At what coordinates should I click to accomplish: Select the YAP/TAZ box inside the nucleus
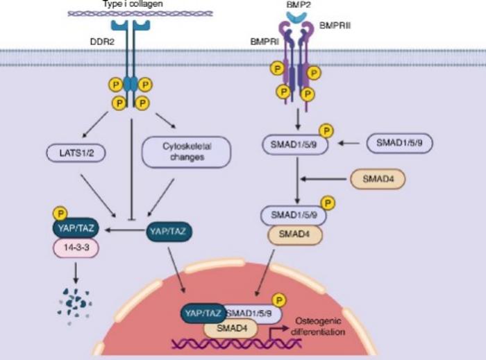pos(202,313)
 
